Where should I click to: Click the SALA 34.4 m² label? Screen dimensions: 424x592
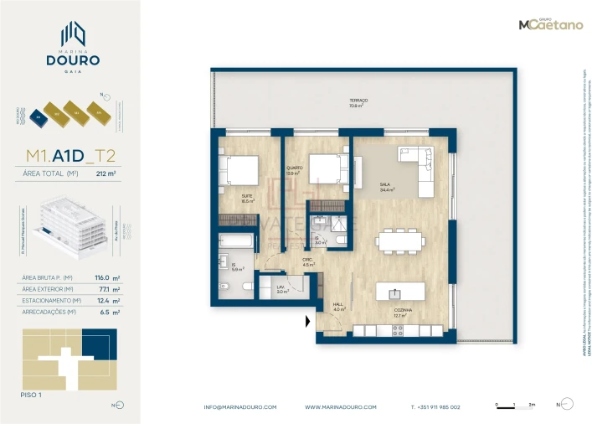(385, 188)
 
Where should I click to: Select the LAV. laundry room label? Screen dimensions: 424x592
(281, 289)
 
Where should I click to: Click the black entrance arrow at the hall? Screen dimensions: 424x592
(308, 321)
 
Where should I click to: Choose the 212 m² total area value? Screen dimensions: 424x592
(106, 174)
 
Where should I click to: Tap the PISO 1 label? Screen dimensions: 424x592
(31, 392)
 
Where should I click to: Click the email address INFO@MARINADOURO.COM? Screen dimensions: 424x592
(239, 406)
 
